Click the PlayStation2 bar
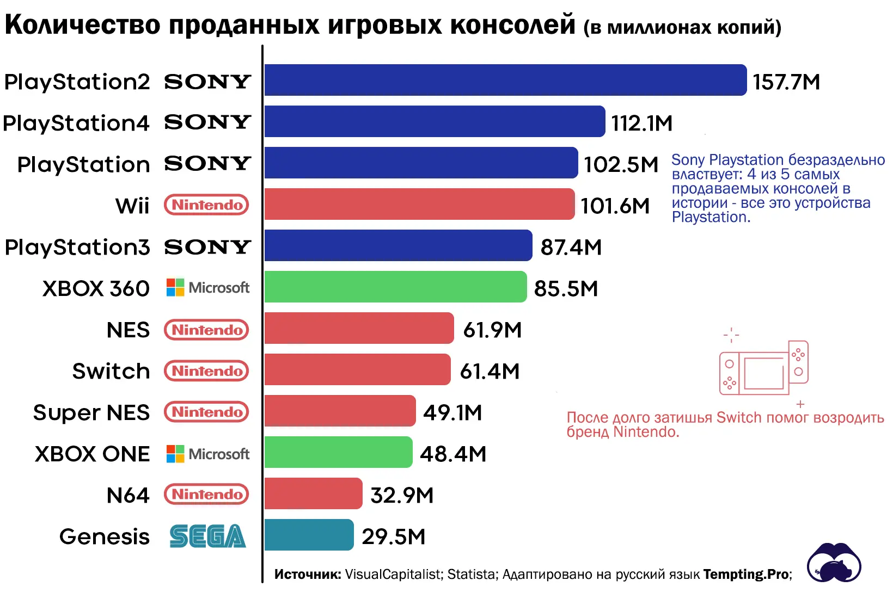point(505,80)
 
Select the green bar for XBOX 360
point(395,287)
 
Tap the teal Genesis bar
point(309,535)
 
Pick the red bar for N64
point(313,493)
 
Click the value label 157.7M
point(786,82)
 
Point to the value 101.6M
point(615,206)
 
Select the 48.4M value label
point(453,454)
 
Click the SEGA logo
point(207,536)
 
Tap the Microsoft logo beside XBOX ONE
point(207,454)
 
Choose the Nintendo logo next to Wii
point(206,205)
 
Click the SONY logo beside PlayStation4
point(207,122)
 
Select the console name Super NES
point(91,412)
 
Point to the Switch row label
point(111,371)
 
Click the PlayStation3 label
point(77,247)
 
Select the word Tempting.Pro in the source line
point(746,575)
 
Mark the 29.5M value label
point(393,536)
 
